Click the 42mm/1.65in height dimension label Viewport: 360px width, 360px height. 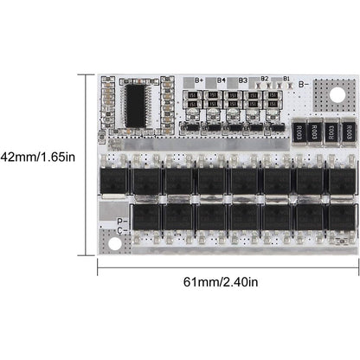[x=40, y=157]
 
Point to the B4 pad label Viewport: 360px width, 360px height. [x=222, y=80]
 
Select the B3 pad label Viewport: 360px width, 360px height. [x=243, y=80]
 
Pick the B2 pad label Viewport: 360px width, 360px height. [x=265, y=79]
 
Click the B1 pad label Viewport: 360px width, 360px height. [x=286, y=79]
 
